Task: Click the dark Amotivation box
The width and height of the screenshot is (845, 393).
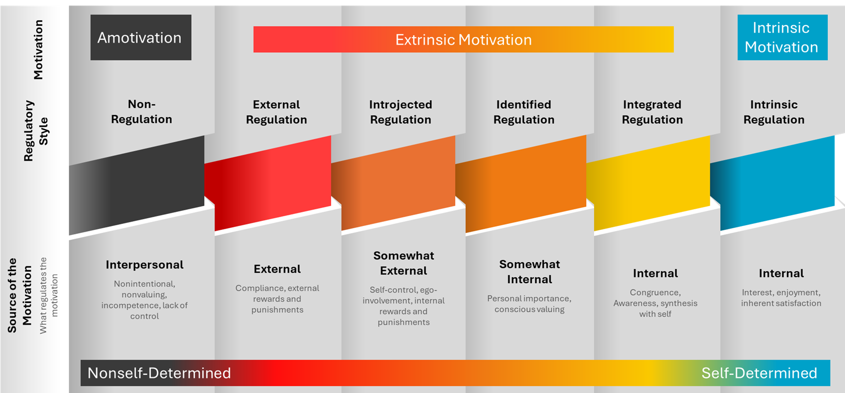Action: coord(141,37)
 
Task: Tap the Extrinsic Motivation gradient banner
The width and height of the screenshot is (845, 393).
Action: coord(463,39)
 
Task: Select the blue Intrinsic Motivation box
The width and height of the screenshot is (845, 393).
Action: coord(782,37)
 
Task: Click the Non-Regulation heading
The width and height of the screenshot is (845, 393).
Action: coord(141,111)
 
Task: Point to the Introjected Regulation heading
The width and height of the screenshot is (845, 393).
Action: coord(401,112)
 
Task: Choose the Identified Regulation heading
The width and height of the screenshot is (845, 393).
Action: coord(524,112)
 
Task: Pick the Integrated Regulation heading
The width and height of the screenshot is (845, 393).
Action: coord(652,112)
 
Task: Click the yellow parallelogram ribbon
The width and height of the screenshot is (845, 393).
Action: coord(648,183)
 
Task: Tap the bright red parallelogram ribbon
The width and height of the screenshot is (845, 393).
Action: coord(268,183)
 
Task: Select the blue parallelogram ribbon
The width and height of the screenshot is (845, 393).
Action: coord(772,183)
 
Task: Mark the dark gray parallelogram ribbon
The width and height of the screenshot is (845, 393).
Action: coord(137,185)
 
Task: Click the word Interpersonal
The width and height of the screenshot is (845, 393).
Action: coord(145,264)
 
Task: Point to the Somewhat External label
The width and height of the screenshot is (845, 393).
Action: coord(403,263)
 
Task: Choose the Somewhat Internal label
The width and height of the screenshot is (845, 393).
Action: coord(530,272)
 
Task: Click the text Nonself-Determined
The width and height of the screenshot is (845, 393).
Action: coord(159,373)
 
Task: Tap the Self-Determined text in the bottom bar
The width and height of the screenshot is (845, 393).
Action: coord(760,373)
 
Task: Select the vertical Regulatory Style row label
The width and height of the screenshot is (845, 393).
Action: coord(36,131)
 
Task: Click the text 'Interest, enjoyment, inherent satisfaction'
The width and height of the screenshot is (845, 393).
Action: coord(781,298)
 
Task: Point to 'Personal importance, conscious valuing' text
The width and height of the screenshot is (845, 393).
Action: coord(529,304)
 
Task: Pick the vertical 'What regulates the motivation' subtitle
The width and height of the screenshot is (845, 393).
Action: coord(49,296)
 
